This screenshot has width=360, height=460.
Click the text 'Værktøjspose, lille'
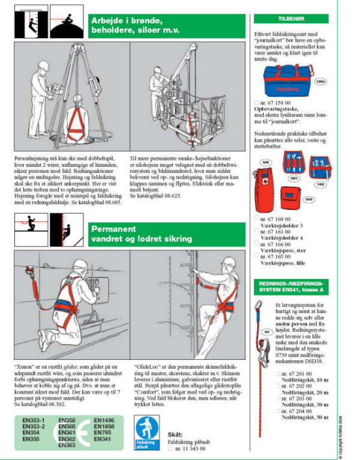pyautogui.click(x=287, y=262)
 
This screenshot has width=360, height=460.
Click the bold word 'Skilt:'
pyautogui.click(x=175, y=433)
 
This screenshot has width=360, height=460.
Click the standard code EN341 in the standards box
pyautogui.click(x=104, y=439)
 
